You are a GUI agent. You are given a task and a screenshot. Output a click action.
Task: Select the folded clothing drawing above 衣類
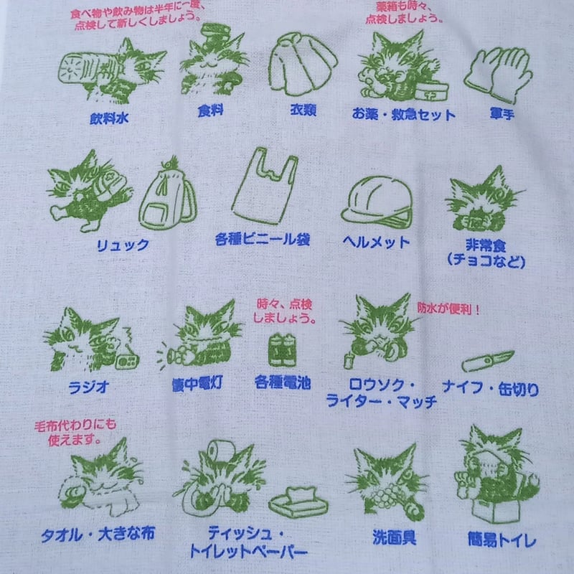pyautogui.click(x=303, y=65)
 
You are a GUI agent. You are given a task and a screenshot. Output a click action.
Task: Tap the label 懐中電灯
pyautogui.click(x=196, y=382)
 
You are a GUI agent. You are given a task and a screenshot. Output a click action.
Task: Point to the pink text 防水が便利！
pyautogui.click(x=448, y=308)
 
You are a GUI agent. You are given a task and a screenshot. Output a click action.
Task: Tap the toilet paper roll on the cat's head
pyautogui.click(x=215, y=450)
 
